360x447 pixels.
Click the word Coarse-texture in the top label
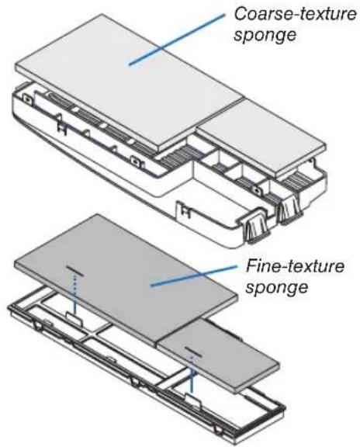point(295,14)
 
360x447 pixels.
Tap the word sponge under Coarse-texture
point(265,36)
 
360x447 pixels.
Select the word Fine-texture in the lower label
point(295,266)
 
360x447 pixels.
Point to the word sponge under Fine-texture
point(276,287)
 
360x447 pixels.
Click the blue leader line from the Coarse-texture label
point(177,39)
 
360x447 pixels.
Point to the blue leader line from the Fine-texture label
point(194,275)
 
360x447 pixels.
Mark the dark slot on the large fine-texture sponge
point(74,272)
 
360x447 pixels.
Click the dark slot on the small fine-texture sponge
point(193,352)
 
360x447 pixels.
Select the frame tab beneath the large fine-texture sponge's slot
point(74,316)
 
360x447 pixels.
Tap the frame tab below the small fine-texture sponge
point(192,399)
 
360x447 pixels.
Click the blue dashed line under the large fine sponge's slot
point(75,294)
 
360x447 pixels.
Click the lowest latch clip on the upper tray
point(256,229)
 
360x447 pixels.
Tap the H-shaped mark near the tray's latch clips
point(187,210)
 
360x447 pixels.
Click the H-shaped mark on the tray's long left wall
point(62,127)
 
